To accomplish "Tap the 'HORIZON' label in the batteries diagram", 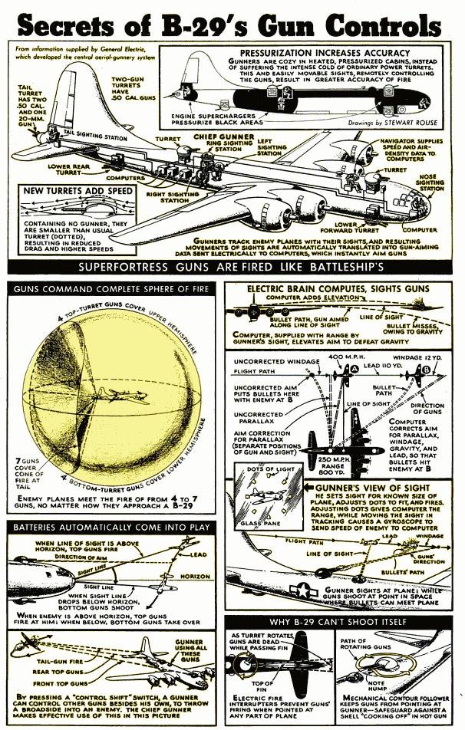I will (193, 574).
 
